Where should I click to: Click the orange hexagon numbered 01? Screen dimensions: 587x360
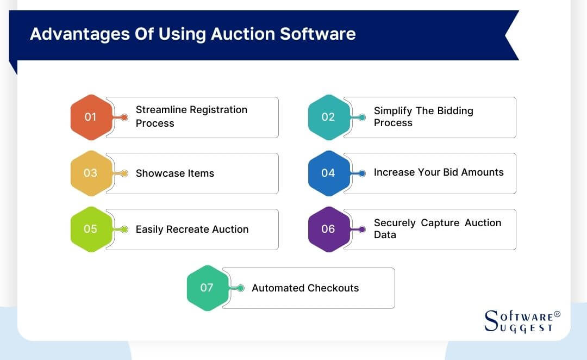click(90, 117)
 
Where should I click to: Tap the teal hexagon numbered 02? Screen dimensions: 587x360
click(328, 117)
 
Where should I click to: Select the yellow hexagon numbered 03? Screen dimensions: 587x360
click(90, 173)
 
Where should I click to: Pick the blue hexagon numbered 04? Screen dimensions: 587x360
click(328, 173)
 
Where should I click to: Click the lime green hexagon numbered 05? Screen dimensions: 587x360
click(90, 229)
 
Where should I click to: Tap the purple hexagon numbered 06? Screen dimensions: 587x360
click(328, 229)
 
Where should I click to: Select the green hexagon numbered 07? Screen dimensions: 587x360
click(207, 288)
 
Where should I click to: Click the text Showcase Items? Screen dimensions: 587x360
click(174, 173)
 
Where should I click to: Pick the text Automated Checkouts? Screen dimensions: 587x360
click(305, 288)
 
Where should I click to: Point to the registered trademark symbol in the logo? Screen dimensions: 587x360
click(557, 314)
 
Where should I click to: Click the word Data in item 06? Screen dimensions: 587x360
click(385, 235)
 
